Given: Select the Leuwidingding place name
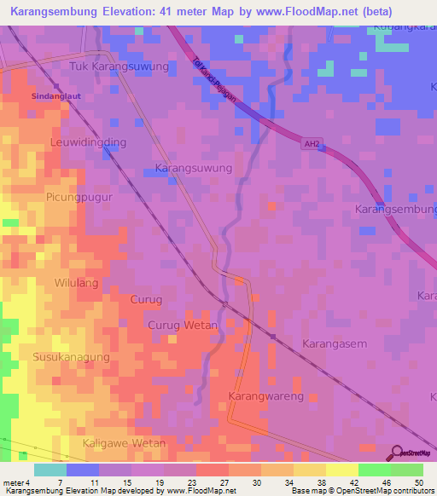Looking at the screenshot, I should [x=88, y=142].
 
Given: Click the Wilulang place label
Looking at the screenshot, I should [x=77, y=283].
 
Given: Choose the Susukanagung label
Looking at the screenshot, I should [x=72, y=356].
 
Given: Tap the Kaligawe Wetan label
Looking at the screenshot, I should [x=124, y=443].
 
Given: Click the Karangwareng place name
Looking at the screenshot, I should [x=266, y=397].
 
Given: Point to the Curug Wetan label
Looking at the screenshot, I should [x=183, y=326].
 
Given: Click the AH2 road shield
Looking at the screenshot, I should [x=312, y=145].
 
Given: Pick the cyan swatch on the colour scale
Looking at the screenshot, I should [x=50, y=470].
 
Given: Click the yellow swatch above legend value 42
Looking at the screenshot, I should [x=341, y=470].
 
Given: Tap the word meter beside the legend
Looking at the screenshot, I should [x=12, y=482].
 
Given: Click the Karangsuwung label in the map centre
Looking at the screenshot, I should [x=194, y=169].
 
